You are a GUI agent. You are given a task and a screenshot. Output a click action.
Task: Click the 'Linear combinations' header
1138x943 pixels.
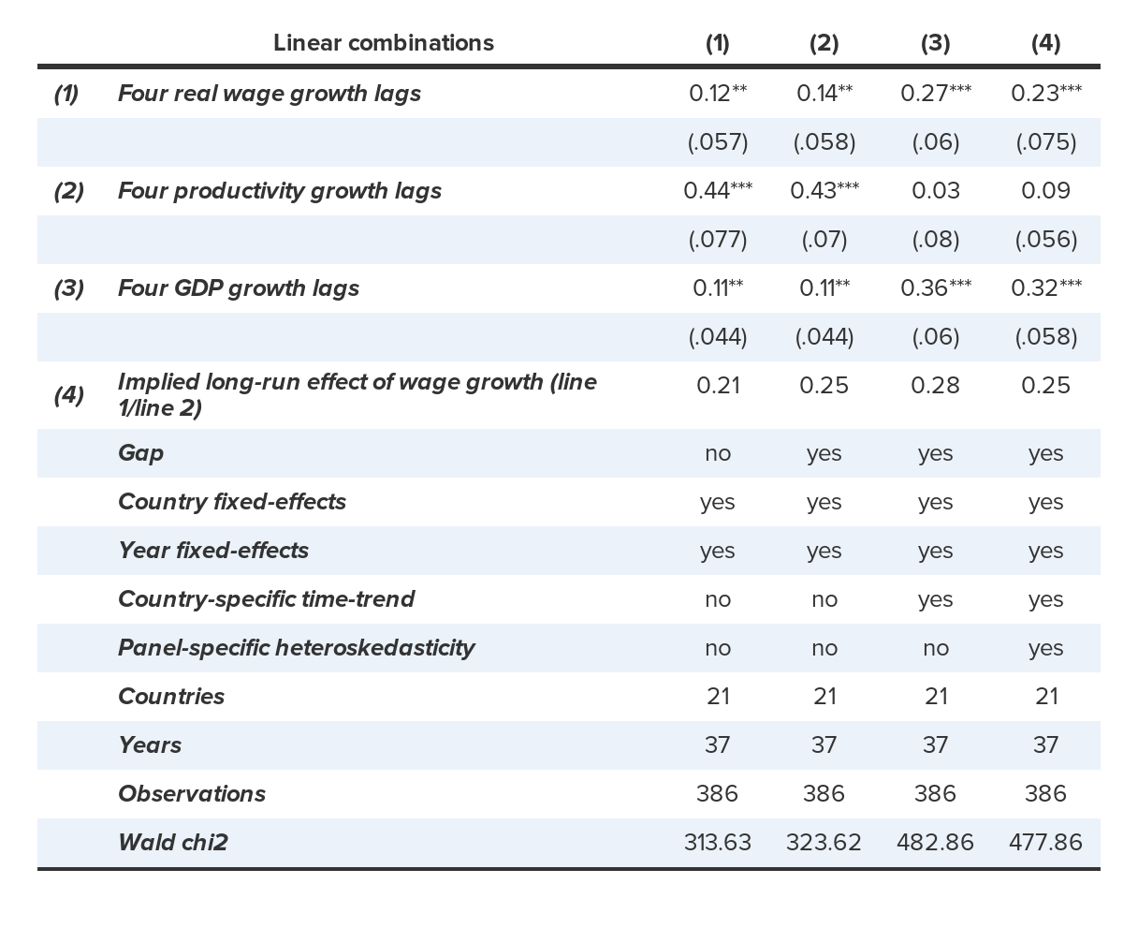[384, 43]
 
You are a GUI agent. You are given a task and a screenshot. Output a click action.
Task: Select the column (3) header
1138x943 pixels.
[935, 43]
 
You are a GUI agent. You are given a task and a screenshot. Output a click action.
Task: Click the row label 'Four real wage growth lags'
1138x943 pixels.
[270, 94]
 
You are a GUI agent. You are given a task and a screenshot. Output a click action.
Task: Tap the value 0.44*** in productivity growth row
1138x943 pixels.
[717, 191]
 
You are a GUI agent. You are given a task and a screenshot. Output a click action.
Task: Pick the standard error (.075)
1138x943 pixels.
[1045, 142]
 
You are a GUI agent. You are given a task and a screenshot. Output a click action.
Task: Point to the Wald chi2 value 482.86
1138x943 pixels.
[935, 843]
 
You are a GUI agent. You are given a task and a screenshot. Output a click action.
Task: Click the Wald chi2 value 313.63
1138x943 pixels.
[717, 843]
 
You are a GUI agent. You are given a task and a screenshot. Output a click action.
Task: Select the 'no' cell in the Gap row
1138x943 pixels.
[717, 453]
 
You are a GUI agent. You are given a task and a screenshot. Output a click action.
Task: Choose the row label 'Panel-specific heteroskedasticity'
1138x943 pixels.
[296, 648]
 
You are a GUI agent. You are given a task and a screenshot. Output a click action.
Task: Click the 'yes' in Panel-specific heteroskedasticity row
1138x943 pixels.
[1045, 648]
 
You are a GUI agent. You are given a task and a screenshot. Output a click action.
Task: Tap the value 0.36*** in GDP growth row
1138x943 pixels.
[935, 288]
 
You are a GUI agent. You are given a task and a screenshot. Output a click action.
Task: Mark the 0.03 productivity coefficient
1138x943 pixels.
[935, 191]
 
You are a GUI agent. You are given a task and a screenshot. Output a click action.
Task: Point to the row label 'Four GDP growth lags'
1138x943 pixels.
[239, 288]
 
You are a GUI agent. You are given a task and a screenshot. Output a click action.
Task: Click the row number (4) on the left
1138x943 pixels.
[68, 395]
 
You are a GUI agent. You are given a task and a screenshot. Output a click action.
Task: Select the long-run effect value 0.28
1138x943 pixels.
[935, 386]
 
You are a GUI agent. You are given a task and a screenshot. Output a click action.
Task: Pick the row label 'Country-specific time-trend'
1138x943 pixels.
[266, 599]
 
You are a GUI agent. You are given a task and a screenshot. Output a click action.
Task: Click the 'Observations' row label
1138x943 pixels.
[192, 794]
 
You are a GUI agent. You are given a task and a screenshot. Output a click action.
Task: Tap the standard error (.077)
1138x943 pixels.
[717, 240]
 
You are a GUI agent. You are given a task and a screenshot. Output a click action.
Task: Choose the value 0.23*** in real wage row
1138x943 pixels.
[1045, 94]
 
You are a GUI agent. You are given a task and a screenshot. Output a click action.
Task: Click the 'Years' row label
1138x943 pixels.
[150, 745]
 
